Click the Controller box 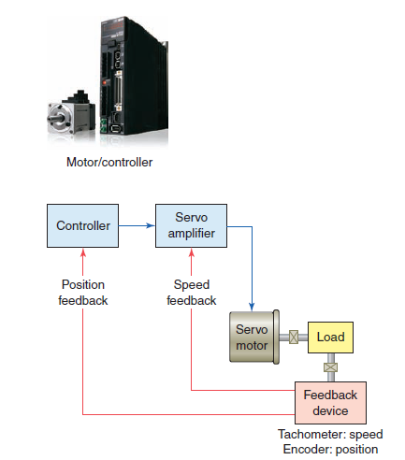(x=84, y=226)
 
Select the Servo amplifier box (x=192, y=225)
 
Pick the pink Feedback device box (x=331, y=403)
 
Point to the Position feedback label (x=84, y=293)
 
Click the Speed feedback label (x=192, y=293)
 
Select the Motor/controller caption (x=109, y=162)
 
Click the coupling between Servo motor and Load (x=294, y=337)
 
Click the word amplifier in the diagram (x=192, y=233)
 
